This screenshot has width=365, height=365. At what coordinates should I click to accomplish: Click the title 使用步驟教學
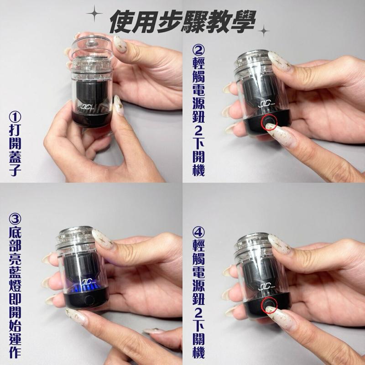182,20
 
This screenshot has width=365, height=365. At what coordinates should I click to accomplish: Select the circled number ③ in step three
14,219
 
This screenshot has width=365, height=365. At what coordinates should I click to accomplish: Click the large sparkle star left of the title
94,14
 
